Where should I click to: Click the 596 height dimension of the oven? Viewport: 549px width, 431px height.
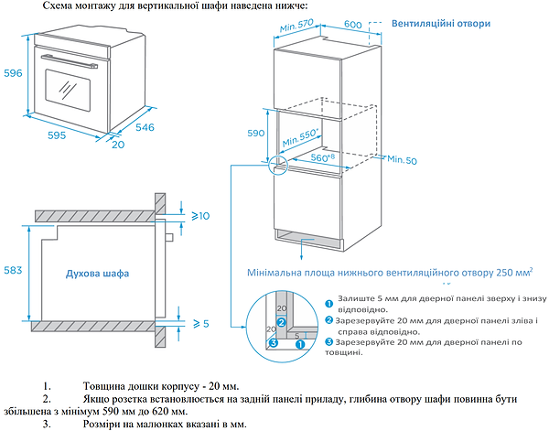point(11,75)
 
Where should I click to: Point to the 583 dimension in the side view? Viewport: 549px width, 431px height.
point(12,271)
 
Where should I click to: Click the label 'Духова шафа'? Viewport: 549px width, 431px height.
point(97,273)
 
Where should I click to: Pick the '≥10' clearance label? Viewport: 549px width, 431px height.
point(201,215)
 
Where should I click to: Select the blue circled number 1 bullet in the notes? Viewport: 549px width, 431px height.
point(329,302)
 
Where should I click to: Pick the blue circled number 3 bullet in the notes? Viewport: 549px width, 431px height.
point(329,341)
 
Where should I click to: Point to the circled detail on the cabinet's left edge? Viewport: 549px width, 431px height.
point(277,165)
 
